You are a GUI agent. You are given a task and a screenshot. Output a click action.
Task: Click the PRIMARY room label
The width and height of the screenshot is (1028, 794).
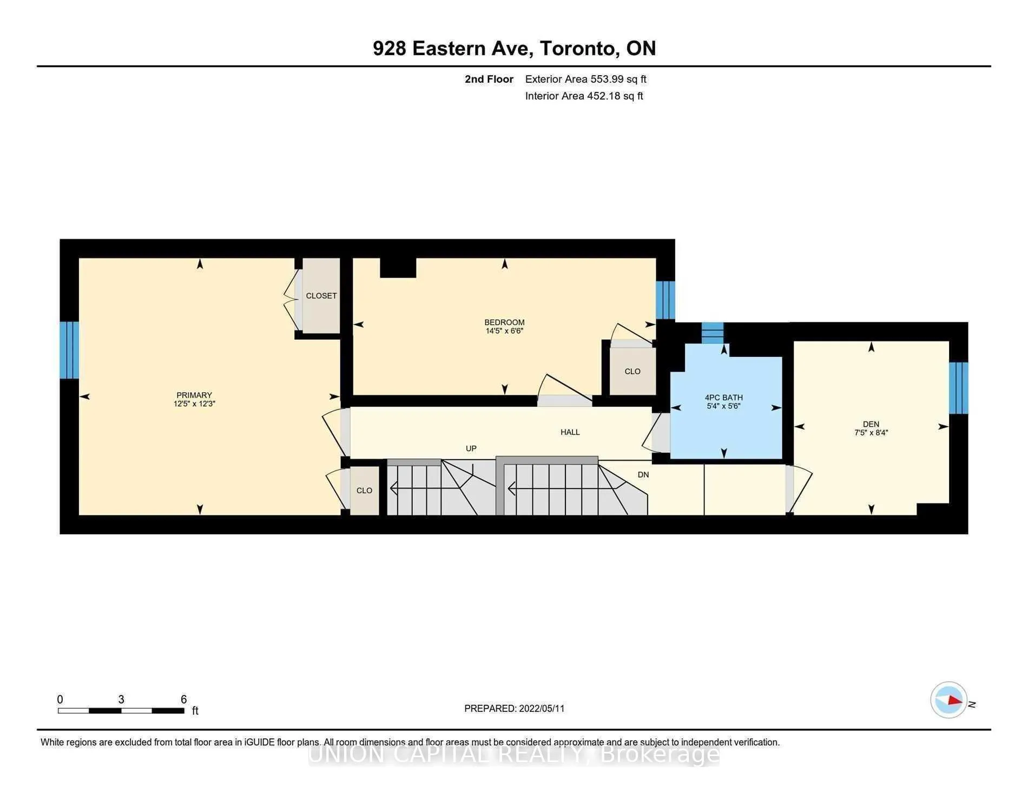(x=194, y=395)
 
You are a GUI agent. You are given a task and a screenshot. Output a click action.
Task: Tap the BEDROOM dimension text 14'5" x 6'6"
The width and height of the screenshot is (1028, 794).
(x=504, y=331)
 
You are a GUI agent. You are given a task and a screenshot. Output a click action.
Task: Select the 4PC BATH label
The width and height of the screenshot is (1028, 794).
(x=724, y=398)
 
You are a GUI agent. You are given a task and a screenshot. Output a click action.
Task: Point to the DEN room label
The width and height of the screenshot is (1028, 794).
(x=871, y=424)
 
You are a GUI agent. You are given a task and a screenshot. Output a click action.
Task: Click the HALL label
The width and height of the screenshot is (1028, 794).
(x=570, y=432)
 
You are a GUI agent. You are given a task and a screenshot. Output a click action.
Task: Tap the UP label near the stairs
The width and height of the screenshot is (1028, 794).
(x=471, y=448)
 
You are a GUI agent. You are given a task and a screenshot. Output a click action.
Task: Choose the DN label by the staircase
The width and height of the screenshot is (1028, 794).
(x=643, y=475)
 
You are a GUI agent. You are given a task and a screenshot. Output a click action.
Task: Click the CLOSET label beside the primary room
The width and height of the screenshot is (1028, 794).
(x=321, y=296)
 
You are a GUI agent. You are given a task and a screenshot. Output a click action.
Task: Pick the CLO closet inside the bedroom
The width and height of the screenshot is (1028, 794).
(x=632, y=372)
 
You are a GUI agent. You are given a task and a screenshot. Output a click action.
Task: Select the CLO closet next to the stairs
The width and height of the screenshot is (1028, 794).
(x=364, y=491)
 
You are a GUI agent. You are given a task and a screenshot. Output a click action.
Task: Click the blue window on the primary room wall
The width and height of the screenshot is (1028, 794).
(x=69, y=350)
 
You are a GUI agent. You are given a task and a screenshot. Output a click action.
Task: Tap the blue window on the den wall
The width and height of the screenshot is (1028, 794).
(x=958, y=388)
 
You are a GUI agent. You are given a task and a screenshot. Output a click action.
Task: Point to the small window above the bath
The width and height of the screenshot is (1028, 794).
(x=713, y=333)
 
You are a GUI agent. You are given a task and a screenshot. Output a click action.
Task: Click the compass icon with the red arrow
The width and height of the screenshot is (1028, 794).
(x=949, y=700)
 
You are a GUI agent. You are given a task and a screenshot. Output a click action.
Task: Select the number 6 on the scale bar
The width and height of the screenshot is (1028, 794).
(x=184, y=699)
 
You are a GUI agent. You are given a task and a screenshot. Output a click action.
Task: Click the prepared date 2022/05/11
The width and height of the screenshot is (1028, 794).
(x=542, y=709)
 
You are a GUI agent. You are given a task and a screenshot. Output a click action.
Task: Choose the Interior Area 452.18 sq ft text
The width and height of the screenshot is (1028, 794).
(x=584, y=96)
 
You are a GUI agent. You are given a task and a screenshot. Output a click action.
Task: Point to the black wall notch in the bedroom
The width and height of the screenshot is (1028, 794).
(x=398, y=268)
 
